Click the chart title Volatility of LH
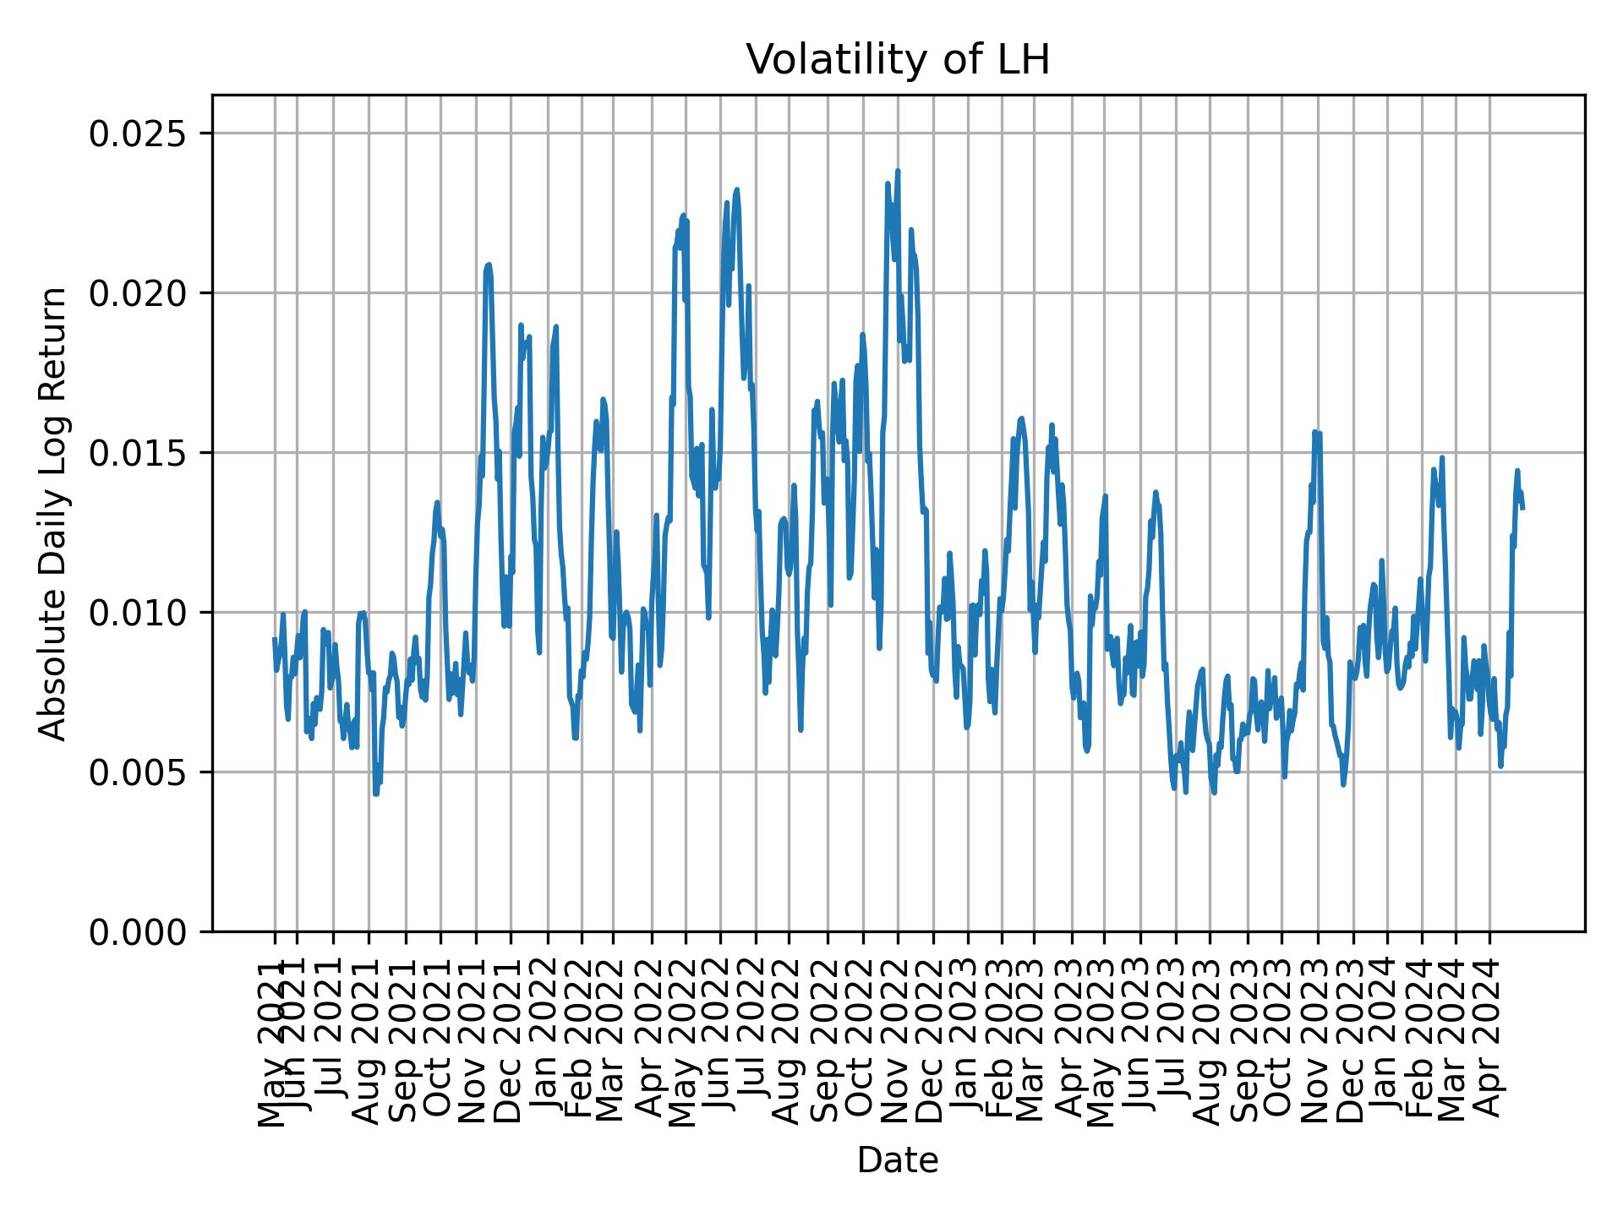(x=898, y=60)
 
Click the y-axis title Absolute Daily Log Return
(x=54, y=513)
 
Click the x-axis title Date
(x=898, y=1160)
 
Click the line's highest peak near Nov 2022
(x=898, y=172)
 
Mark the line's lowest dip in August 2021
(x=375, y=793)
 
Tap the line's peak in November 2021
(x=489, y=265)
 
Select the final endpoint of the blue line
(x=1522, y=508)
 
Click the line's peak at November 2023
(x=1314, y=432)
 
